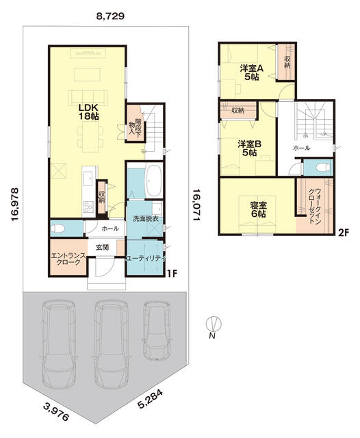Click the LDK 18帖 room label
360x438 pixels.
88,112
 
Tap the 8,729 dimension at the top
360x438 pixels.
110,16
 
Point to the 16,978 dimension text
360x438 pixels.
15,204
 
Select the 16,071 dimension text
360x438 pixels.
196,204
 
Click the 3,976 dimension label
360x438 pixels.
56,411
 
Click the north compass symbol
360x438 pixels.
214,324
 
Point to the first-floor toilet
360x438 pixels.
57,229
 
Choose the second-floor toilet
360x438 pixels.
322,167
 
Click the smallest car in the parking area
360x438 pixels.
157,330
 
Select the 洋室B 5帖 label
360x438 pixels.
249,149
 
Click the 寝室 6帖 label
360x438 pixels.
259,210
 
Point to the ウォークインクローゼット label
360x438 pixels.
314,206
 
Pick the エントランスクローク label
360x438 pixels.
68,259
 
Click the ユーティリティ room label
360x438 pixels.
145,257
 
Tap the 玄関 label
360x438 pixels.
102,247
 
